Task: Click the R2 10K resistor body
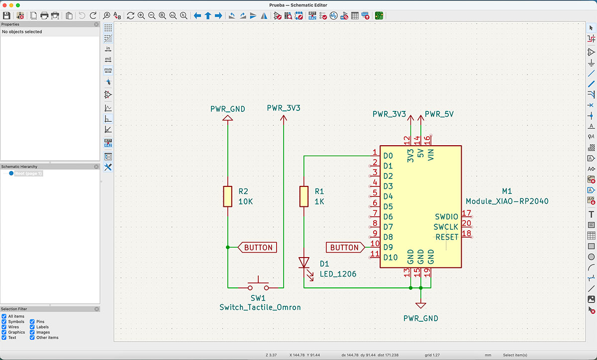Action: [227, 196]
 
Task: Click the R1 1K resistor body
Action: [303, 196]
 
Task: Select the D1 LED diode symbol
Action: [303, 262]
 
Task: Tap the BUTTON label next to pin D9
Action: [345, 247]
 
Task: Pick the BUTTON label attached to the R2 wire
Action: [258, 247]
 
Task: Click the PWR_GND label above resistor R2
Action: [227, 109]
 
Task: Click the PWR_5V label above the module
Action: [438, 114]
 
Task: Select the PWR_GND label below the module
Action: [421, 318]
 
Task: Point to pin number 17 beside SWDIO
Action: [466, 213]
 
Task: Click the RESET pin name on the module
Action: [446, 237]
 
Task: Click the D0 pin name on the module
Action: [388, 156]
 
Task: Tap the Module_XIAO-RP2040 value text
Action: [507, 201]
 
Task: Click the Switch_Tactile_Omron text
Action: [260, 307]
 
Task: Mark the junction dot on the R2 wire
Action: [227, 247]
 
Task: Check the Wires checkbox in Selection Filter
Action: [4, 327]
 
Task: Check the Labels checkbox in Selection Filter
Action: [32, 327]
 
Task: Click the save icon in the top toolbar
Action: [7, 15]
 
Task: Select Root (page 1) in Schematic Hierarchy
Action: [28, 174]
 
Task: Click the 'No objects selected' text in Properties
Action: [22, 32]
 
